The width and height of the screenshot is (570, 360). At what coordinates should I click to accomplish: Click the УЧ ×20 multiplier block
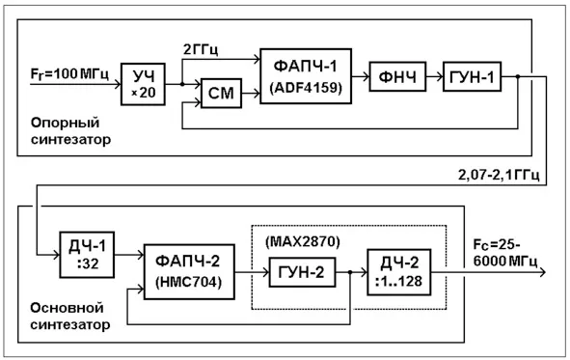pyautogui.click(x=143, y=84)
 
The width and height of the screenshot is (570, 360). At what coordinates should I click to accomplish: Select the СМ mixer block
pyautogui.click(x=221, y=93)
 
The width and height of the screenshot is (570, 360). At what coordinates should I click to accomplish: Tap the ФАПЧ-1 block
pyautogui.click(x=306, y=76)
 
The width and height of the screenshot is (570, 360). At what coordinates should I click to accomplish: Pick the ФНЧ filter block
pyautogui.click(x=397, y=76)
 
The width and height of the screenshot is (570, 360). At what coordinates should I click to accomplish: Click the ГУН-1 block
pyautogui.click(x=472, y=76)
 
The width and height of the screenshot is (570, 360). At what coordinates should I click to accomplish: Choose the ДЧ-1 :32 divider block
pyautogui.click(x=87, y=255)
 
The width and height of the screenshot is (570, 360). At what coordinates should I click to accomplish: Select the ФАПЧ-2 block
pyautogui.click(x=189, y=272)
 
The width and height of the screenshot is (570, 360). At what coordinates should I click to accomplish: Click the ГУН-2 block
pyautogui.click(x=302, y=272)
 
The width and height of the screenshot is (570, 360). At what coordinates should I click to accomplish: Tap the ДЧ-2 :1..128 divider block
pyautogui.click(x=398, y=272)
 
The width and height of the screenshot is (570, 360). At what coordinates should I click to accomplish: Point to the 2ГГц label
pyautogui.click(x=201, y=49)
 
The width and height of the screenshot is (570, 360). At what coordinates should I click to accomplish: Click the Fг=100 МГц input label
pyautogui.click(x=69, y=73)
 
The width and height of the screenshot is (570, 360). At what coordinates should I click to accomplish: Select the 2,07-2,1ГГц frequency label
pyautogui.click(x=499, y=175)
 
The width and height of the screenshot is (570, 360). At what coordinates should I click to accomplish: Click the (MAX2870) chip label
pyautogui.click(x=303, y=242)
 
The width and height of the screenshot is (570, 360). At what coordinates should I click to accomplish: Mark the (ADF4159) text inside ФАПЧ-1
pyautogui.click(x=306, y=88)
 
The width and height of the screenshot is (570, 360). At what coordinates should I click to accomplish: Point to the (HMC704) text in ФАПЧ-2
pyautogui.click(x=189, y=282)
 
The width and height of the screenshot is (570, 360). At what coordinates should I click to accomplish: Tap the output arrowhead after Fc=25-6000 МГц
pyautogui.click(x=542, y=272)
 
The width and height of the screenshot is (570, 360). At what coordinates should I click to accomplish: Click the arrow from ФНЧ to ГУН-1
pyautogui.click(x=434, y=76)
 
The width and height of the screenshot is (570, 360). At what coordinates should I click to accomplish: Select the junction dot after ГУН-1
pyautogui.click(x=518, y=76)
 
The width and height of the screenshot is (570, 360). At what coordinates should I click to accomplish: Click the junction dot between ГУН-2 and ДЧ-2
pyautogui.click(x=350, y=272)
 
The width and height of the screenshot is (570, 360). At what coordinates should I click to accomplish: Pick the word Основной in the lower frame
pyautogui.click(x=67, y=308)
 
